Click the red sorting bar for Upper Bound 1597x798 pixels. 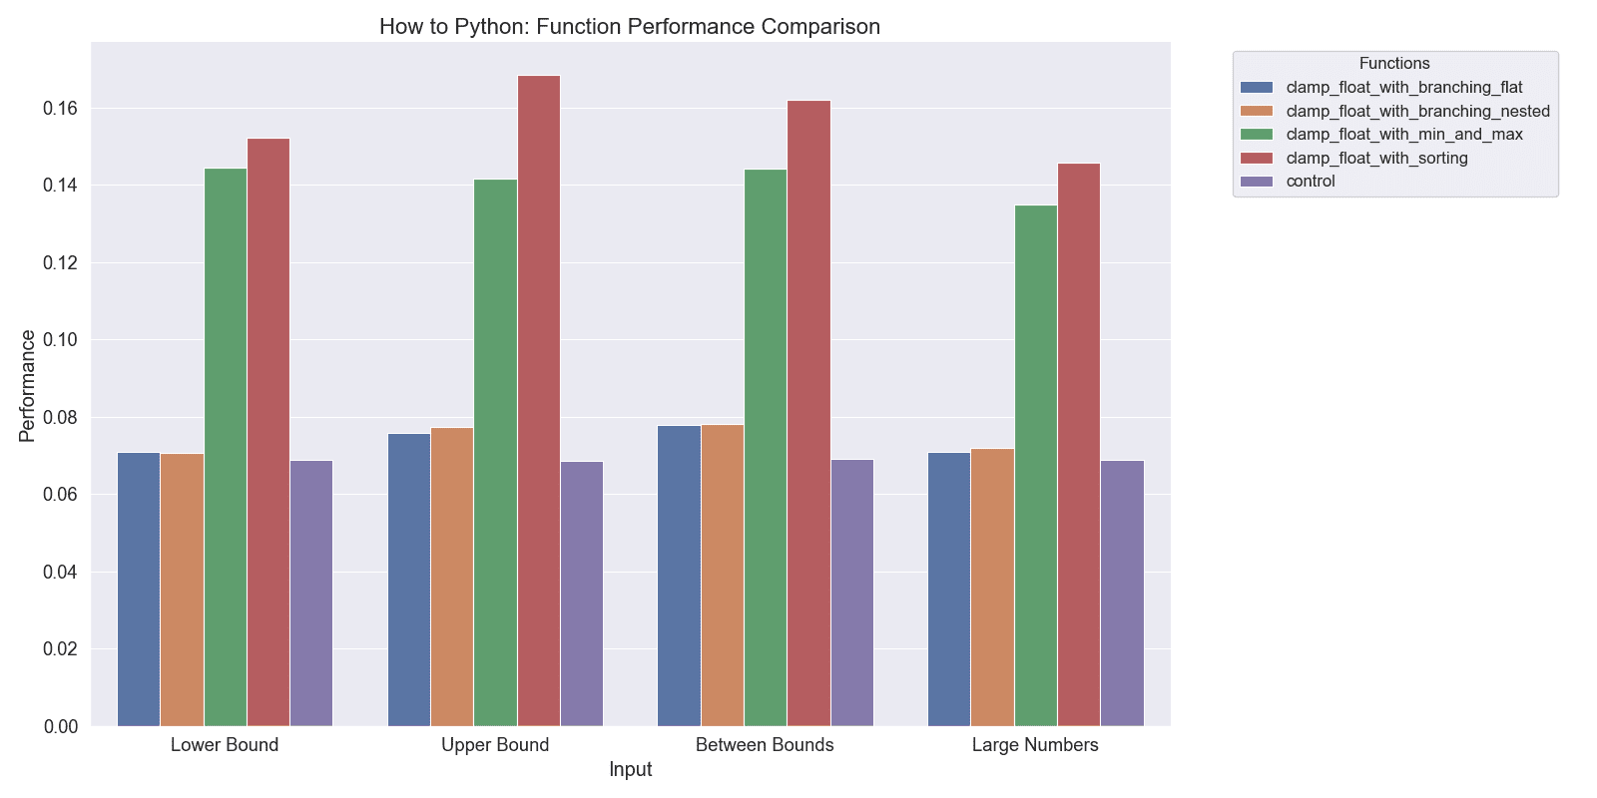pyautogui.click(x=538, y=399)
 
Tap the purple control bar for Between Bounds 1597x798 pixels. pyautogui.click(x=851, y=593)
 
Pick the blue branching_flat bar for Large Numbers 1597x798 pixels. pyautogui.click(x=948, y=589)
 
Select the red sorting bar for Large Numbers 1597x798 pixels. pyautogui.click(x=1078, y=444)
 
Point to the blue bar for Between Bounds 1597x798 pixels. pyautogui.click(x=679, y=576)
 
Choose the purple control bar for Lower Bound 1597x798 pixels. pyautogui.click(x=311, y=593)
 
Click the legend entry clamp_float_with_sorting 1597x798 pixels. pyautogui.click(x=1376, y=158)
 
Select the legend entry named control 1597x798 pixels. pyautogui.click(x=1310, y=182)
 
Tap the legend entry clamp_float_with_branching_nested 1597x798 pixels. pyautogui.click(x=1417, y=111)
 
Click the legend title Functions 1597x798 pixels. pyautogui.click(x=1394, y=64)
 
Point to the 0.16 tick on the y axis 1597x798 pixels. pyautogui.click(x=60, y=108)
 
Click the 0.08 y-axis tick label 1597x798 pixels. pyautogui.click(x=60, y=417)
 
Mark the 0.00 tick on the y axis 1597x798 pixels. pyautogui.click(x=60, y=726)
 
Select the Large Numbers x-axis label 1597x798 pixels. pyautogui.click(x=1035, y=745)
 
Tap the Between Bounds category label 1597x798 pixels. pyautogui.click(x=765, y=745)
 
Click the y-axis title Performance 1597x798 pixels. pyautogui.click(x=27, y=385)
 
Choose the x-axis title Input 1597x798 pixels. pyautogui.click(x=630, y=769)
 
